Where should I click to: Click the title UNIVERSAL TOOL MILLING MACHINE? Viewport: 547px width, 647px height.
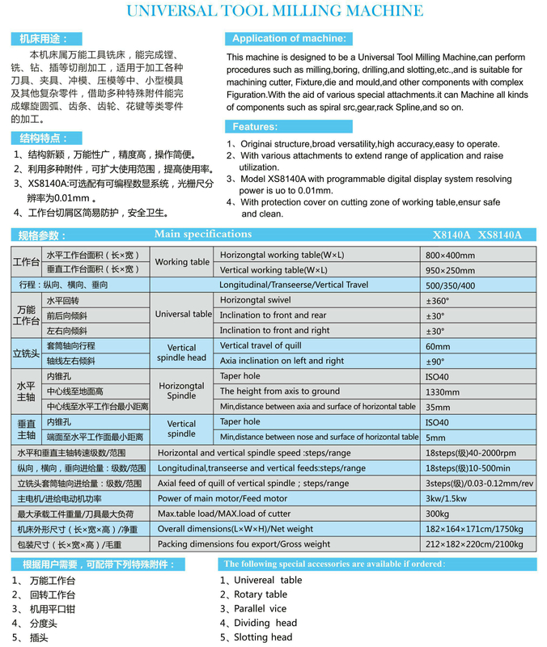pyautogui.click(x=273, y=11)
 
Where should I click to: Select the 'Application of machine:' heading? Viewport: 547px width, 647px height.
pyautogui.click(x=289, y=39)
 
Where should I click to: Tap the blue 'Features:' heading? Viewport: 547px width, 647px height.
pyautogui.click(x=255, y=126)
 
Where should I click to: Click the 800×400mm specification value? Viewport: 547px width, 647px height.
pyautogui.click(x=451, y=255)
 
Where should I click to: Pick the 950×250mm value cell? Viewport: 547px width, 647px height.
pyautogui.click(x=451, y=270)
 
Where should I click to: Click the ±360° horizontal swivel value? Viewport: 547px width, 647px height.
pyautogui.click(x=437, y=301)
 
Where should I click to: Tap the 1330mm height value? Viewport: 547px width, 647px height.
pyautogui.click(x=442, y=391)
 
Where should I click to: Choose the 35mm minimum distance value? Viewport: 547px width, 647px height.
pyautogui.click(x=437, y=408)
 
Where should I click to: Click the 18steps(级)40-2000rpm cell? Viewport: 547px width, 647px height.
pyautogui.click(x=471, y=453)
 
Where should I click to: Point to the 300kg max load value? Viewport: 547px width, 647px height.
pyautogui.click(x=438, y=514)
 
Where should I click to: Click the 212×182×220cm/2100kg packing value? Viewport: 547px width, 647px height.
pyautogui.click(x=474, y=544)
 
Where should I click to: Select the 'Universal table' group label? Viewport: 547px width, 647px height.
pyautogui.click(x=184, y=315)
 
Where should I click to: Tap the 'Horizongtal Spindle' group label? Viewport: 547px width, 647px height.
pyautogui.click(x=182, y=391)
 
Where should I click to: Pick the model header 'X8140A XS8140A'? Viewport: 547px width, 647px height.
pyautogui.click(x=477, y=235)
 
